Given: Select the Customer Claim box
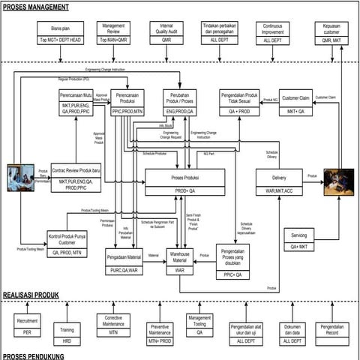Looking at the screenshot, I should pos(295,103).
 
